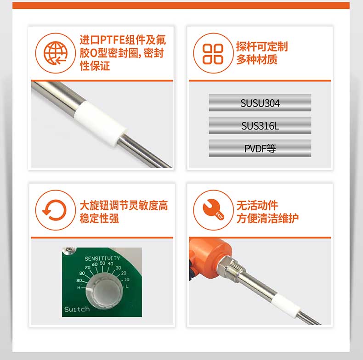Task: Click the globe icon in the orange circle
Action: [56, 53]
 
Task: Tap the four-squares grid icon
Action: [213, 54]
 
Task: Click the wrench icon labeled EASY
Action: [213, 209]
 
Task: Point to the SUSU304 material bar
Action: [260, 103]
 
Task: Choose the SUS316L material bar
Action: [260, 126]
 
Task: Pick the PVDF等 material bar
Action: [260, 148]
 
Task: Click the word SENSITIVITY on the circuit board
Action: [102, 259]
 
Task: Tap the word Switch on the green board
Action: [77, 309]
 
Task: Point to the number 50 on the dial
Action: [102, 263]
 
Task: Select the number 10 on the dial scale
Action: [127, 279]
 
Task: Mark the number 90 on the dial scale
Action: [79, 280]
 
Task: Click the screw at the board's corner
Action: [69, 251]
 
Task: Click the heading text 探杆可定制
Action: [262, 46]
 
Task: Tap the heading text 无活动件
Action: [257, 205]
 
